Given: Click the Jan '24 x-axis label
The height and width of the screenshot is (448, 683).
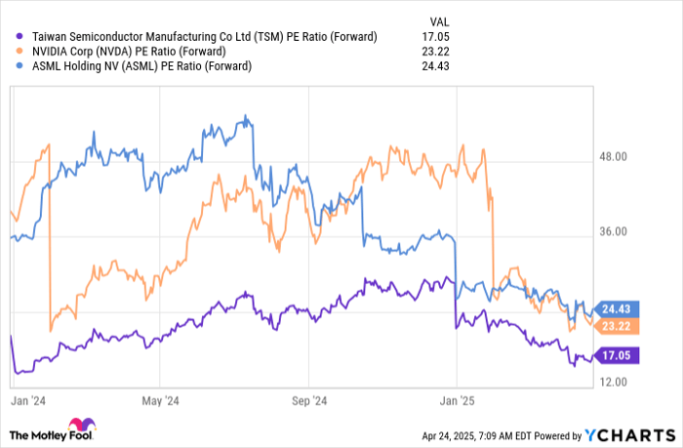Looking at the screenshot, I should (25, 400).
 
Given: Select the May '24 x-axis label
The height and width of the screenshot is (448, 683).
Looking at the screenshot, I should (160, 400).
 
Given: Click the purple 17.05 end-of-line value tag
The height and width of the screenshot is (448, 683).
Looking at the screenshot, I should (617, 357).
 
